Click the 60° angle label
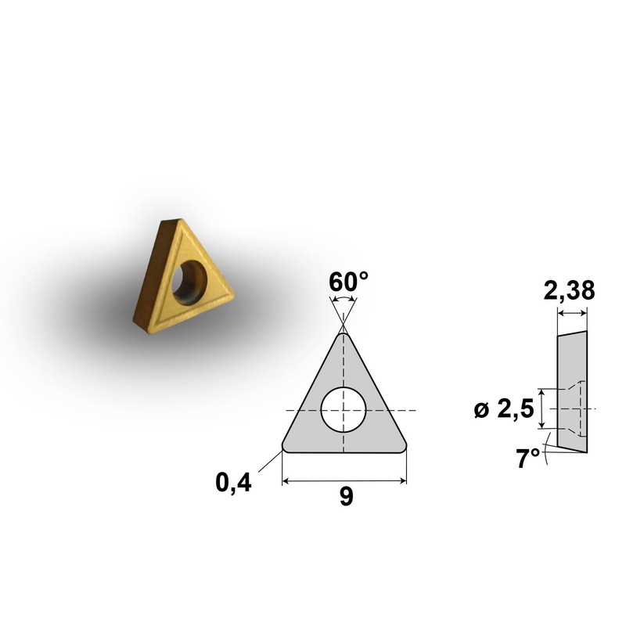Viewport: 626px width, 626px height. pos(344,282)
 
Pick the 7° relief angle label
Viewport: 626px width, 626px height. pos(529,459)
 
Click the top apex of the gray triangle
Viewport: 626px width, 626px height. pos(344,334)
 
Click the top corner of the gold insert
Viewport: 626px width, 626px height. pos(167,221)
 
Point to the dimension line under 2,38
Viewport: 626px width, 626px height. pos(571,314)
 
